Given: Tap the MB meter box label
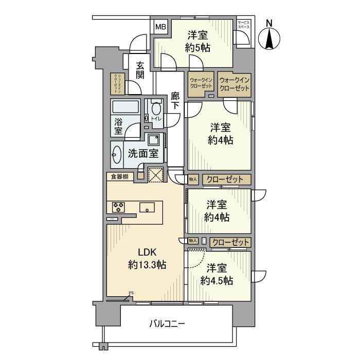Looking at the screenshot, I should (161, 27).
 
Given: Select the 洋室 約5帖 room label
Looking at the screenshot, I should (197, 41).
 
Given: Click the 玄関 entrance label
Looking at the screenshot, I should (140, 70).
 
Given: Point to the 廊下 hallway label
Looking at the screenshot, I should (175, 100).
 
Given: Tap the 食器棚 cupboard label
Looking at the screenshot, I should (119, 177).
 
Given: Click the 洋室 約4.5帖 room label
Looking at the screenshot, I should (217, 275).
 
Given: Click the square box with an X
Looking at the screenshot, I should (155, 175).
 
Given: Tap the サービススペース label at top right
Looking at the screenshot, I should (243, 24).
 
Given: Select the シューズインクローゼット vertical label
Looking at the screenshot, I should (116, 83).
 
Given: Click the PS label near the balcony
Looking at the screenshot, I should (131, 293).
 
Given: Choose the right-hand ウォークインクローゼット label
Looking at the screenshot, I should (234, 84).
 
